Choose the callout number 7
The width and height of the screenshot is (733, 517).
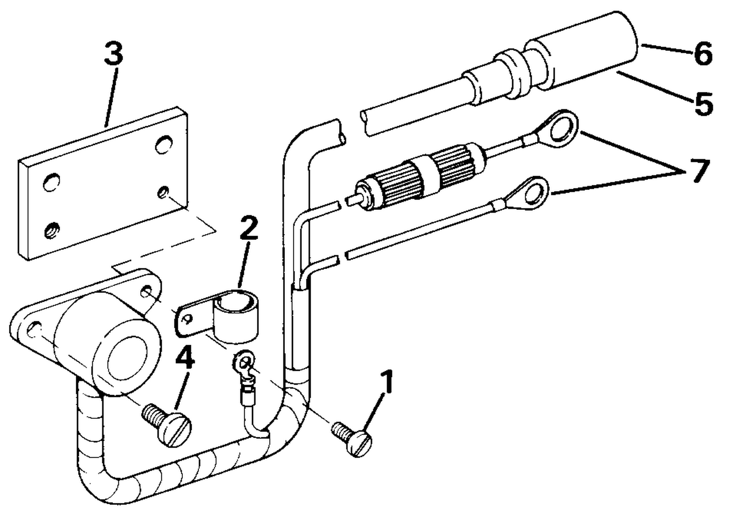click(x=700, y=170)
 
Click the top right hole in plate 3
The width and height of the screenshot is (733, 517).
click(x=164, y=144)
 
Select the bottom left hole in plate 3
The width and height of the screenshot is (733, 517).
click(x=52, y=230)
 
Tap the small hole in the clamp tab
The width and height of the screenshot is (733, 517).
click(x=188, y=318)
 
